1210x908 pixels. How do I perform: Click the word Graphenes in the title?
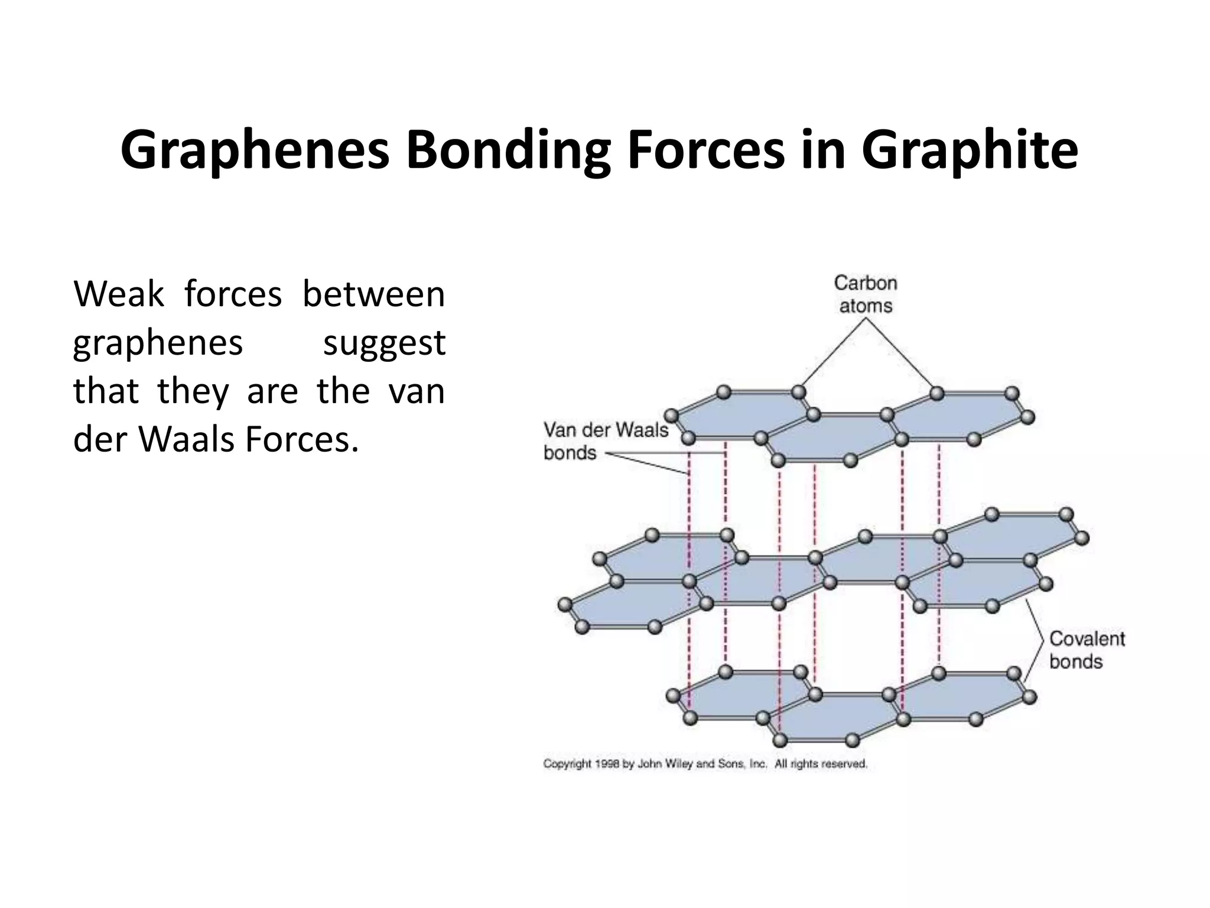(x=255, y=151)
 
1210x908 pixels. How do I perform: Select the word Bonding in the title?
(x=509, y=151)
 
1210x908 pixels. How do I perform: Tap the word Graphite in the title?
(x=970, y=151)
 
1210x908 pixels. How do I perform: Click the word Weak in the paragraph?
(x=119, y=294)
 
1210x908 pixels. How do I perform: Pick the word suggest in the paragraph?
(x=384, y=343)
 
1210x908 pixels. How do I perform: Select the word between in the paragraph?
(x=373, y=294)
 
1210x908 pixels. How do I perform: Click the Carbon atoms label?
(x=866, y=294)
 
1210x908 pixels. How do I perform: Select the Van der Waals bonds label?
(x=606, y=441)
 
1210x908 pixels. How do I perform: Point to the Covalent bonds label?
(x=1087, y=650)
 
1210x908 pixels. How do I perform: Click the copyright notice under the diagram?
(x=705, y=764)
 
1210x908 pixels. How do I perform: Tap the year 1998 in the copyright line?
(x=607, y=764)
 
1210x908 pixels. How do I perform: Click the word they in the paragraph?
(x=193, y=391)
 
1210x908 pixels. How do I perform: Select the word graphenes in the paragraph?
(x=158, y=343)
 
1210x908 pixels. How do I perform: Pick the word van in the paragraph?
(x=417, y=391)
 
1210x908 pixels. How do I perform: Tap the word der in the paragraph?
(x=100, y=440)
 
